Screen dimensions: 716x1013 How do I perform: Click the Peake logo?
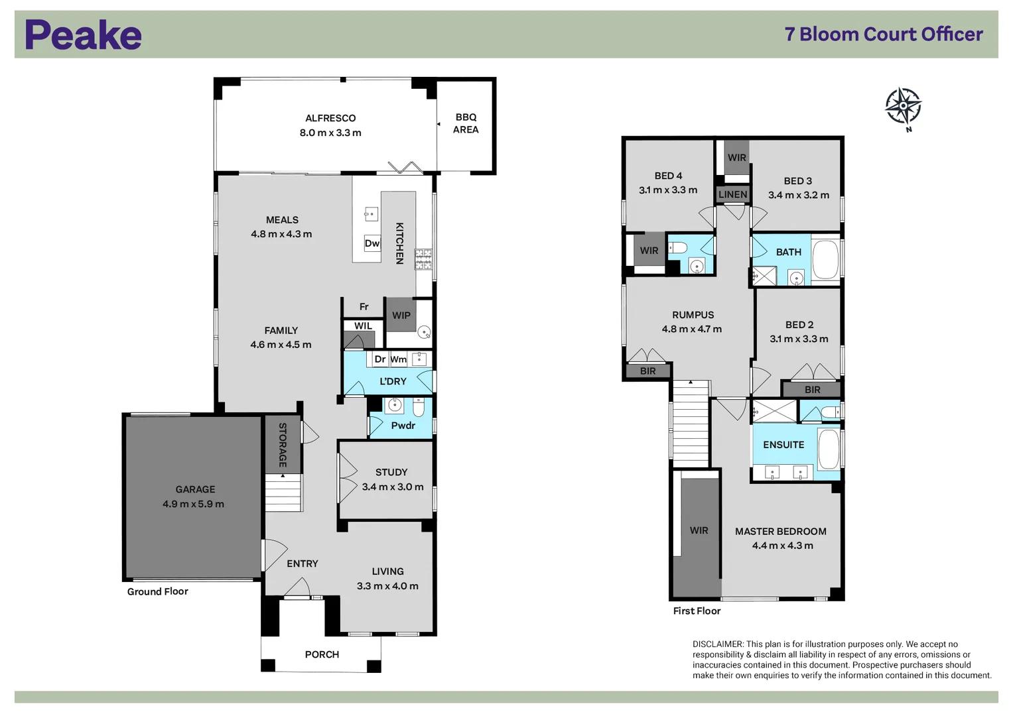(83, 35)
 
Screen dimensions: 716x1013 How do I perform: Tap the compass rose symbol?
(903, 106)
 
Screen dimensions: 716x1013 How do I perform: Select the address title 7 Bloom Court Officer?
(883, 34)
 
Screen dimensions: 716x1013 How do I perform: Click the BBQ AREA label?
(466, 123)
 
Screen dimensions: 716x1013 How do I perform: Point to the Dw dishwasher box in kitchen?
(372, 243)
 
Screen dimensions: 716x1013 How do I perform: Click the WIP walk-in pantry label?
(401, 316)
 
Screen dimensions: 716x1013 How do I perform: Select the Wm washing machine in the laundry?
(398, 359)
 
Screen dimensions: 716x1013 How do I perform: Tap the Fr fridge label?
(364, 307)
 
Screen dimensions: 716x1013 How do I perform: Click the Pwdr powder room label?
(403, 426)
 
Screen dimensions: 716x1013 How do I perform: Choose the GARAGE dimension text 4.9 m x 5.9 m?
(193, 504)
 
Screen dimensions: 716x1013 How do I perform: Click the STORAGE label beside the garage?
(283, 445)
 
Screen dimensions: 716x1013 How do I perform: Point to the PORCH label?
(322, 654)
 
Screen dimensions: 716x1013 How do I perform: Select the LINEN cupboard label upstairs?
(732, 194)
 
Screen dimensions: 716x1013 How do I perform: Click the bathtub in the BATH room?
(826, 259)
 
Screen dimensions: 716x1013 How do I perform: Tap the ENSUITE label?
(783, 445)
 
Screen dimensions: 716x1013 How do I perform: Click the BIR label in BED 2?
(812, 390)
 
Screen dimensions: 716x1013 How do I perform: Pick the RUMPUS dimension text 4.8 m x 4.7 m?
(691, 329)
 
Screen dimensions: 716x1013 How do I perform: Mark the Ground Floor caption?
(158, 591)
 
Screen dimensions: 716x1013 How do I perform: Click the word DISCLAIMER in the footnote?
(718, 644)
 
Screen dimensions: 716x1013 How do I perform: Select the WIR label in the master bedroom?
(699, 530)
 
